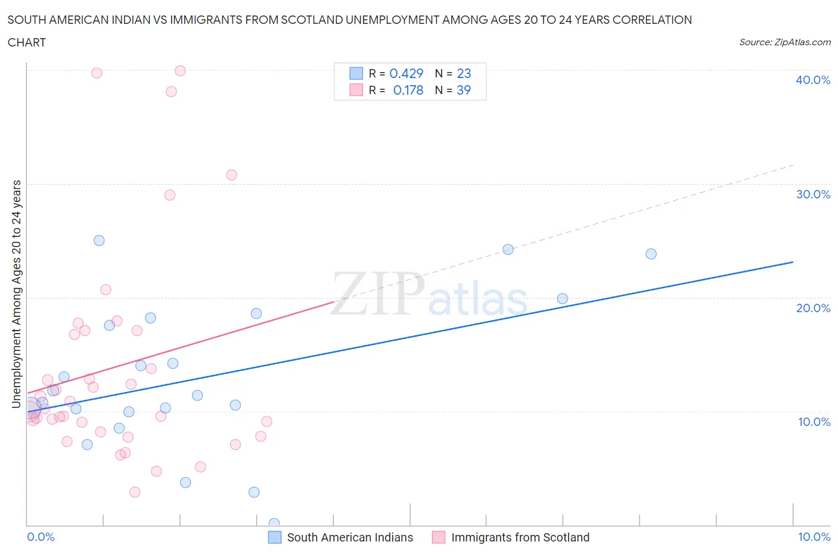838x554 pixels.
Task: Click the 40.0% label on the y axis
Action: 812,80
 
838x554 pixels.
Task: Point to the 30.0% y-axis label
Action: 812,194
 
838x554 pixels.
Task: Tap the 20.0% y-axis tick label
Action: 812,308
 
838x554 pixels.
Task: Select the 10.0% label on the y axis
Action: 814,422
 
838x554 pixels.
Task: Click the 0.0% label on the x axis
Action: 41,537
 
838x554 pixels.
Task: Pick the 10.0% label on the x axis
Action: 814,537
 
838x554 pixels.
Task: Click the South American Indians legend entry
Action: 349,537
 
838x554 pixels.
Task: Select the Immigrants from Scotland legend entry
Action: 520,537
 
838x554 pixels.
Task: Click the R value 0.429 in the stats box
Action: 406,73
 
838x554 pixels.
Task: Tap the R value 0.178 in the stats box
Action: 408,90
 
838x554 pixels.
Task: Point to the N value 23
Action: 464,73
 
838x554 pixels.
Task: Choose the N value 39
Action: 464,90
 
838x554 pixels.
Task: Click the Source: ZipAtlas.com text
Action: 784,42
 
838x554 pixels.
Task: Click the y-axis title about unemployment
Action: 17,294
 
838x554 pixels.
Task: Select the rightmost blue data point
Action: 651,254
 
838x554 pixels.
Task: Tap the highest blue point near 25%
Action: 99,241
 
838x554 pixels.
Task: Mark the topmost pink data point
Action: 180,71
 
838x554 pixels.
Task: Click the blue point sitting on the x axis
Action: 274,524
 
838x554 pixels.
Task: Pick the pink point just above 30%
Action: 232,175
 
